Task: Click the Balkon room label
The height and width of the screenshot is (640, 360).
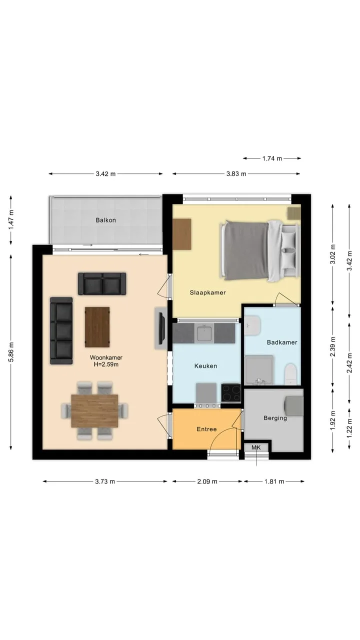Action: click(105, 220)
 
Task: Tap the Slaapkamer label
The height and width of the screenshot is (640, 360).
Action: click(207, 292)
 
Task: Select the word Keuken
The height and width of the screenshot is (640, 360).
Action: click(205, 366)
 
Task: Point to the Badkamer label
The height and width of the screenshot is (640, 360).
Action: click(282, 342)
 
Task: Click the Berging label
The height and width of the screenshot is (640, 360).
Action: click(275, 418)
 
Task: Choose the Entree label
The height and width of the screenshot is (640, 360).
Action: click(206, 429)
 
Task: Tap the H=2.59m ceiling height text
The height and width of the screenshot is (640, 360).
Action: click(106, 364)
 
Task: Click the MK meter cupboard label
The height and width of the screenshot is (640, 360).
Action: click(256, 447)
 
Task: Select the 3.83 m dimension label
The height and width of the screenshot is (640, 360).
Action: click(236, 173)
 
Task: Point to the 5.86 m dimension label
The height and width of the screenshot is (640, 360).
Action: click(11, 352)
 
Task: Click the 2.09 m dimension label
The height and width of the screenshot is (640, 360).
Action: click(207, 481)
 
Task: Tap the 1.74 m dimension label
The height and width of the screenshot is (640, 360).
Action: click(272, 158)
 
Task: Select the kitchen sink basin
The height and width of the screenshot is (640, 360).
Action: click(204, 333)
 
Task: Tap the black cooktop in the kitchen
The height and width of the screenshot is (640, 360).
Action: click(231, 393)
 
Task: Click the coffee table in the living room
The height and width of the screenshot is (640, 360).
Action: click(97, 327)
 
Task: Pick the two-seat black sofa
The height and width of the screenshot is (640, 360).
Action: click(102, 283)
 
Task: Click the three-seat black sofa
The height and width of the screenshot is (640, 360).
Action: click(61, 331)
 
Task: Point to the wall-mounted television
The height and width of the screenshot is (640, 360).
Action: click(161, 328)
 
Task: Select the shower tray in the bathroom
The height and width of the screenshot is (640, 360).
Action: click(259, 370)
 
